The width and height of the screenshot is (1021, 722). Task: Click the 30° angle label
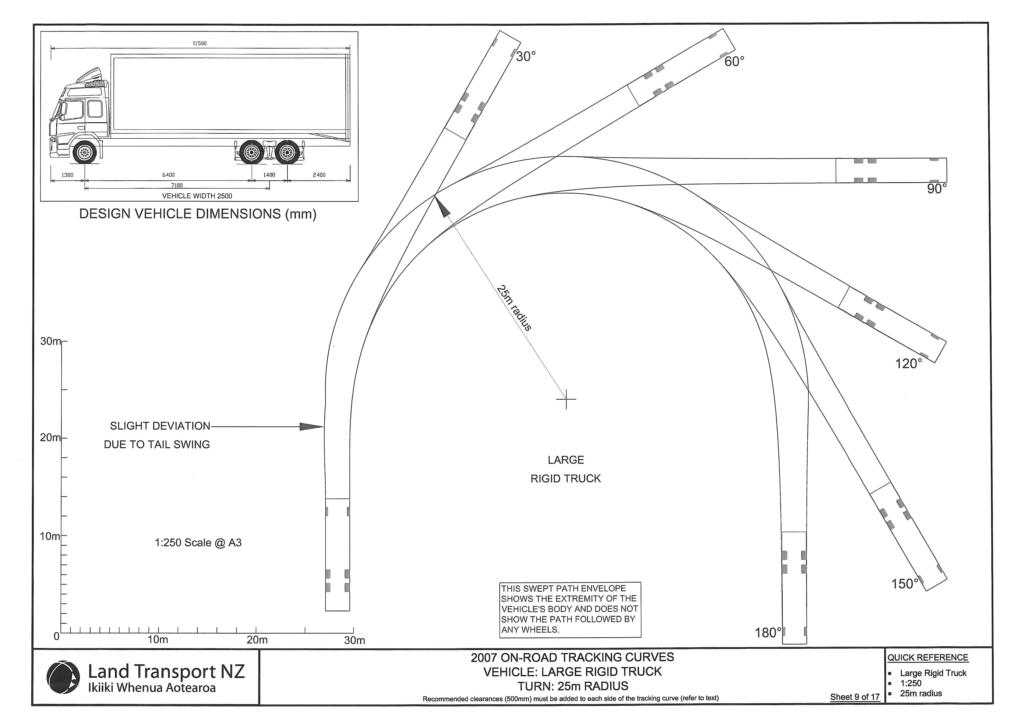click(x=526, y=57)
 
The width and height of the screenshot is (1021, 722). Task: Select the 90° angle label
click(x=936, y=189)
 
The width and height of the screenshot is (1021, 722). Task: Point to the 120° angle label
click(x=908, y=364)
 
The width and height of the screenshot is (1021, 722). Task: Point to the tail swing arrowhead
click(x=311, y=427)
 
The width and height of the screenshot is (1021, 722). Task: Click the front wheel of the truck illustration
click(x=85, y=153)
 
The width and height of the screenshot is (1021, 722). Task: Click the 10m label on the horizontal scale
click(x=158, y=640)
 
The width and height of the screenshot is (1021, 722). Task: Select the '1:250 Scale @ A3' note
click(x=198, y=543)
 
